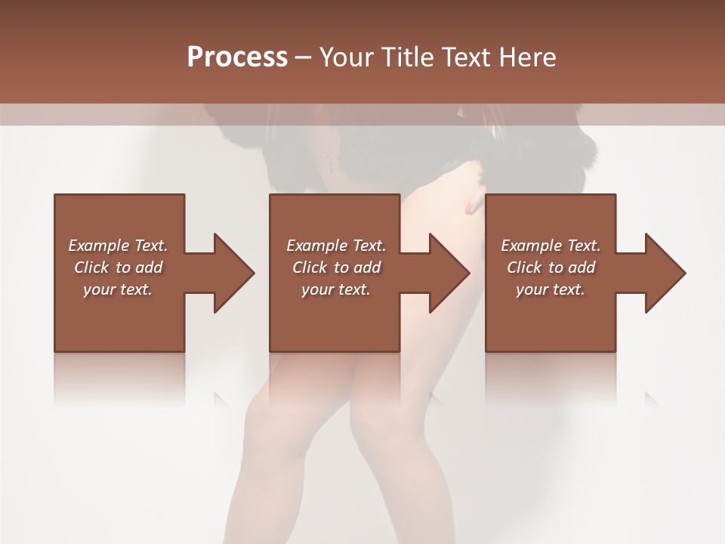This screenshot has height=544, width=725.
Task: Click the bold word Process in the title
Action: point(237,57)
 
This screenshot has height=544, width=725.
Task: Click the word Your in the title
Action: point(348,57)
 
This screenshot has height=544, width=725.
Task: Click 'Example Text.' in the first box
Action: point(118,246)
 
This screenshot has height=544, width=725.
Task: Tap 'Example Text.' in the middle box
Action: point(336,246)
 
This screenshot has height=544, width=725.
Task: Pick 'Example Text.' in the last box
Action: point(551,246)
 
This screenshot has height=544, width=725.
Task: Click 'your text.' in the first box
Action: point(118,289)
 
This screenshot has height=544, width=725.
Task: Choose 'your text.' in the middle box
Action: point(336,289)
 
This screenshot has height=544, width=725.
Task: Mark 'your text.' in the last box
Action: point(551,289)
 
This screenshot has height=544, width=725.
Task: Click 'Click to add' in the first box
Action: point(118,267)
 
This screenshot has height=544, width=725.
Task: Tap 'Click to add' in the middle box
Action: point(336,267)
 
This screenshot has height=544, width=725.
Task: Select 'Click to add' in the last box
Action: point(551,267)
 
